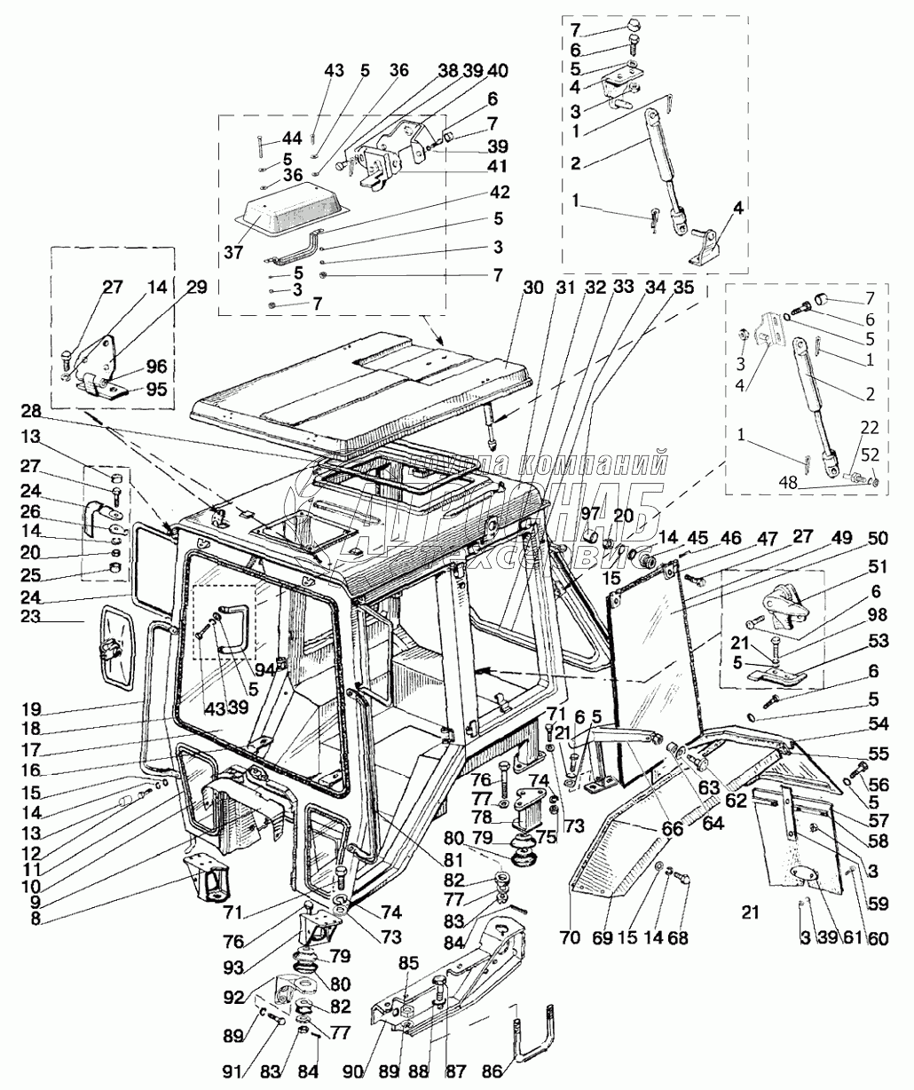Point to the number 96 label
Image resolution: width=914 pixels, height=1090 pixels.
point(156,366)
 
